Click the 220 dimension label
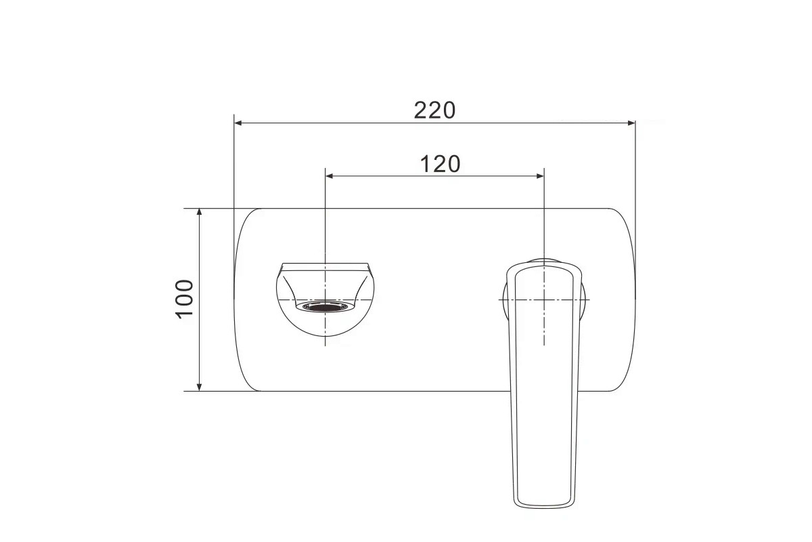pyautogui.click(x=434, y=110)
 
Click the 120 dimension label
pyautogui.click(x=440, y=164)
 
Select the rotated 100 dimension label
pyautogui.click(x=185, y=299)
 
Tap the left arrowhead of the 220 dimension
pyautogui.click(x=238, y=123)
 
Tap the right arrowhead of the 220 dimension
pyautogui.click(x=631, y=123)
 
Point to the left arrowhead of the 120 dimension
pyautogui.click(x=330, y=176)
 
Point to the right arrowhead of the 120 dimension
pyautogui.click(x=540, y=176)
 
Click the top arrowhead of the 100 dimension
pyautogui.click(x=199, y=213)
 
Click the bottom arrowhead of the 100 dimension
pyautogui.click(x=199, y=387)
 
